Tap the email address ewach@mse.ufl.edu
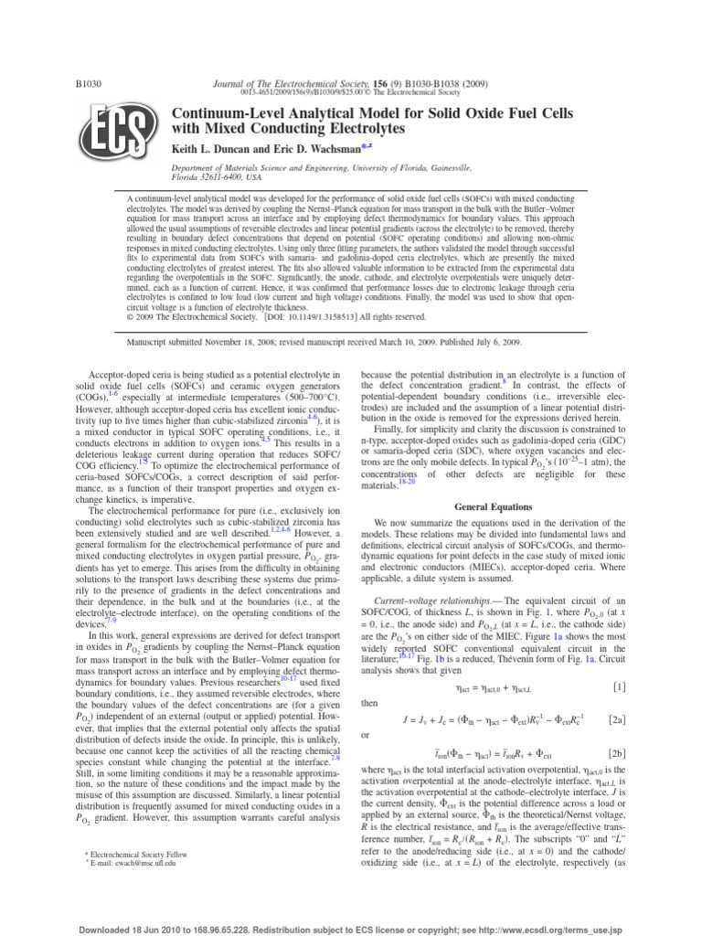[138, 861]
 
